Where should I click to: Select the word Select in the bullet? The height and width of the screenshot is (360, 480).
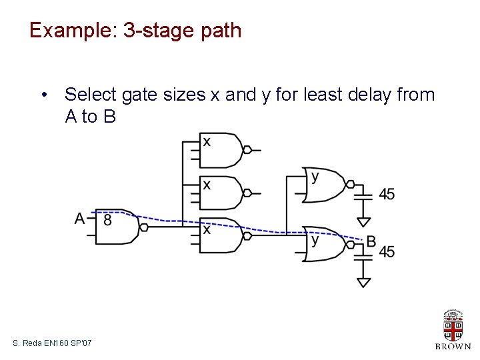click(x=91, y=95)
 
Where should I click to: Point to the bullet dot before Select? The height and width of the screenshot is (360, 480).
click(x=43, y=95)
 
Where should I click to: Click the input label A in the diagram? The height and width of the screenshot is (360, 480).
click(x=80, y=219)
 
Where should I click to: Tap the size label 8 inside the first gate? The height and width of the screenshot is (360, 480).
click(x=108, y=219)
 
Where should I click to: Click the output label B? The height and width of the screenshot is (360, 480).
click(x=371, y=241)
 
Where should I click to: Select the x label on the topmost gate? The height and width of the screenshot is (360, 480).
click(x=207, y=142)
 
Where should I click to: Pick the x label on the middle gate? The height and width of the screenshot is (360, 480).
click(x=207, y=185)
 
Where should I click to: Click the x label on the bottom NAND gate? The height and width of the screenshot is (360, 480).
click(x=207, y=229)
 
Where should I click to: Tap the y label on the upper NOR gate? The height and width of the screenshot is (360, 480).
click(x=315, y=177)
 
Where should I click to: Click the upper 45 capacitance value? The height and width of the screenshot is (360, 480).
click(x=387, y=194)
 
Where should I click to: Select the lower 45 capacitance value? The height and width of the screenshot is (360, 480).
click(x=387, y=252)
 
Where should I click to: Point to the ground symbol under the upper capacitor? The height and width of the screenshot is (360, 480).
click(x=363, y=221)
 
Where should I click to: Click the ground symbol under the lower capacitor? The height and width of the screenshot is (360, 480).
click(x=363, y=282)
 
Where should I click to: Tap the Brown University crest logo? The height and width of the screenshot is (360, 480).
click(x=453, y=326)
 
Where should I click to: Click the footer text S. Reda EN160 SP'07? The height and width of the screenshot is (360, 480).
click(x=52, y=343)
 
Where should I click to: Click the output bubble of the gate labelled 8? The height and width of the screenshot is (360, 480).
click(x=143, y=226)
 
